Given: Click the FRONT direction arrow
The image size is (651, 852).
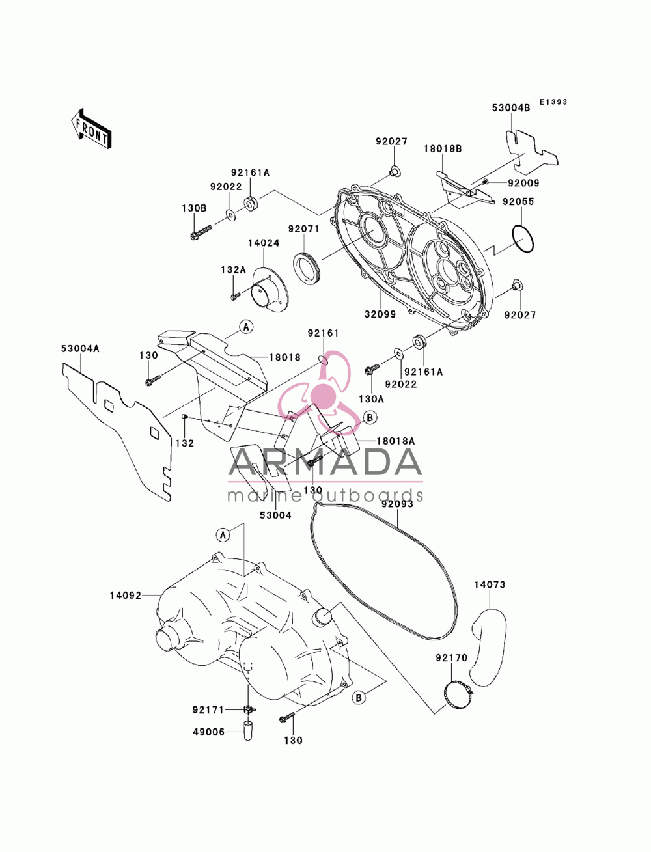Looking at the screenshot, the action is (92, 129).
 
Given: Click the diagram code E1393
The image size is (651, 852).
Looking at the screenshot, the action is (553, 102).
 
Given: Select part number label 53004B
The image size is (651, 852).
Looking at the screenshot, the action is (510, 108).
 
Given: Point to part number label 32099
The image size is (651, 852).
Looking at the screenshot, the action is (380, 314).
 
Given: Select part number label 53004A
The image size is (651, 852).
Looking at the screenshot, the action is (80, 349).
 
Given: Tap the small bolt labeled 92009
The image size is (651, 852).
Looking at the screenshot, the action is (484, 182).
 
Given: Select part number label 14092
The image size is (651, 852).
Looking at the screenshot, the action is (126, 595).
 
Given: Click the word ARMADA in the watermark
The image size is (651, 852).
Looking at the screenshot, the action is (325, 462).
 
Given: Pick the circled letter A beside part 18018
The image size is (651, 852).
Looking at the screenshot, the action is (245, 327).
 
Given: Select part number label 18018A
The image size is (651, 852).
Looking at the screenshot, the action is (396, 441).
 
